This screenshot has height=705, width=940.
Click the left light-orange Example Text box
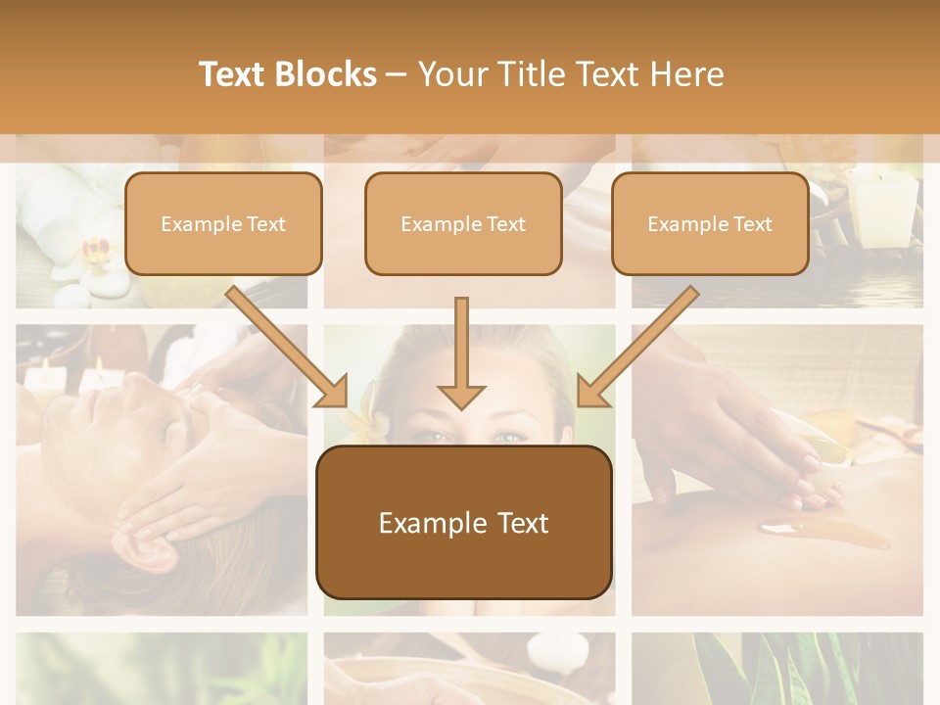[223, 224]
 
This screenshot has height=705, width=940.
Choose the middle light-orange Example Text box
[463, 224]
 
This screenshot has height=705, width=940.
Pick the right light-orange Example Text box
[710, 224]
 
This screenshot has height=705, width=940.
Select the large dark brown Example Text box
[463, 523]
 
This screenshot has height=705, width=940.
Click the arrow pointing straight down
[461, 352]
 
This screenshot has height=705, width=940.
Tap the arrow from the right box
[637, 347]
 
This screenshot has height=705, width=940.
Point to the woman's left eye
[508, 436]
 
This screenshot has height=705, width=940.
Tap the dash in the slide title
[397, 74]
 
